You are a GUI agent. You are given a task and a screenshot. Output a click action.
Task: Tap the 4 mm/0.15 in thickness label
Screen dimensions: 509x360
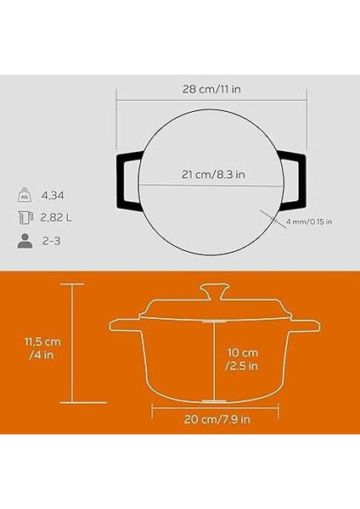pyautogui.click(x=310, y=222)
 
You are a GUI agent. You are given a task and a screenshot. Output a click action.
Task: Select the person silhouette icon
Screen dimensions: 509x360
pyautogui.click(x=25, y=240)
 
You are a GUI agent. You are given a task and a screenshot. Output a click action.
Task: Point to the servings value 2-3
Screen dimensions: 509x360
pyautogui.click(x=52, y=240)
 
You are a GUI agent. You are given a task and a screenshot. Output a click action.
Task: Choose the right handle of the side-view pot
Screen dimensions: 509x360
pyautogui.click(x=304, y=326)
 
